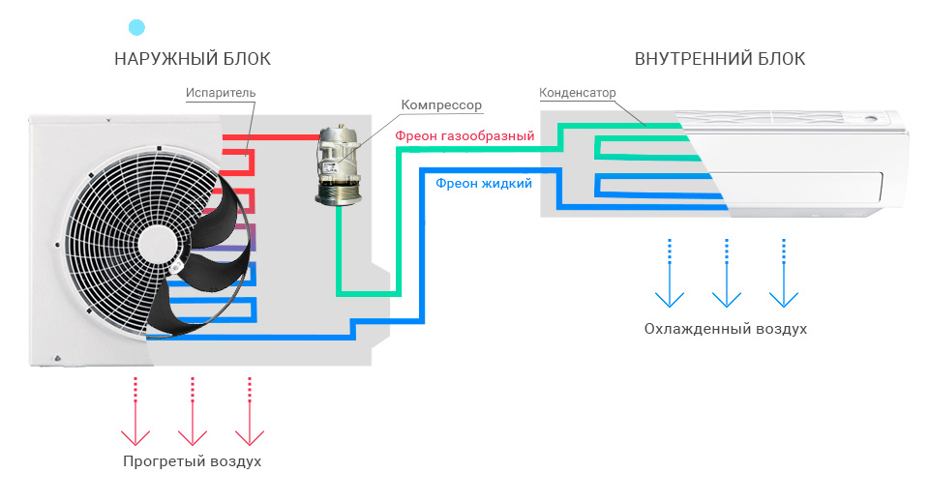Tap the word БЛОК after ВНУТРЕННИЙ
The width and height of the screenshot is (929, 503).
tap(778, 59)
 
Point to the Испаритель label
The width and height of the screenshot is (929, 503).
tap(221, 93)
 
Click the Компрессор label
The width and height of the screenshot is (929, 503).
tap(440, 104)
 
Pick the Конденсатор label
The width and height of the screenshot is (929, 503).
tap(576, 93)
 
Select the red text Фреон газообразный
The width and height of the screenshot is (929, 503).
tap(464, 136)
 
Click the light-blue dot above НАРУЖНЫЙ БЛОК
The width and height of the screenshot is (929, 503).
tap(137, 27)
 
